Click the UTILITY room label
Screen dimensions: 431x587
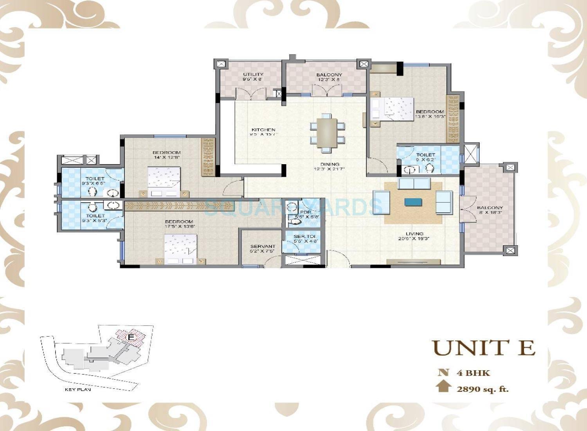pyautogui.click(x=253, y=74)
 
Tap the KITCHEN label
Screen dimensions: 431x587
pyautogui.click(x=263, y=130)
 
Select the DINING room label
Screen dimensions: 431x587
pyautogui.click(x=330, y=164)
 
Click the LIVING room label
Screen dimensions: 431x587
pyautogui.click(x=414, y=234)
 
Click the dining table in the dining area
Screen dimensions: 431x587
pyautogui.click(x=327, y=133)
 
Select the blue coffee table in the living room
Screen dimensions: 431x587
pyautogui.click(x=414, y=202)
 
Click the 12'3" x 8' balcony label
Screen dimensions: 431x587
pyautogui.click(x=329, y=74)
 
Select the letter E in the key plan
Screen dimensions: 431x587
pyautogui.click(x=131, y=337)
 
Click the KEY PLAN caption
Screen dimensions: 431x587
pyautogui.click(x=78, y=390)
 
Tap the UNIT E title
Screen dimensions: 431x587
pyautogui.click(x=484, y=348)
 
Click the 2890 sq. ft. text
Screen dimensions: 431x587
pyautogui.click(x=482, y=389)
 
